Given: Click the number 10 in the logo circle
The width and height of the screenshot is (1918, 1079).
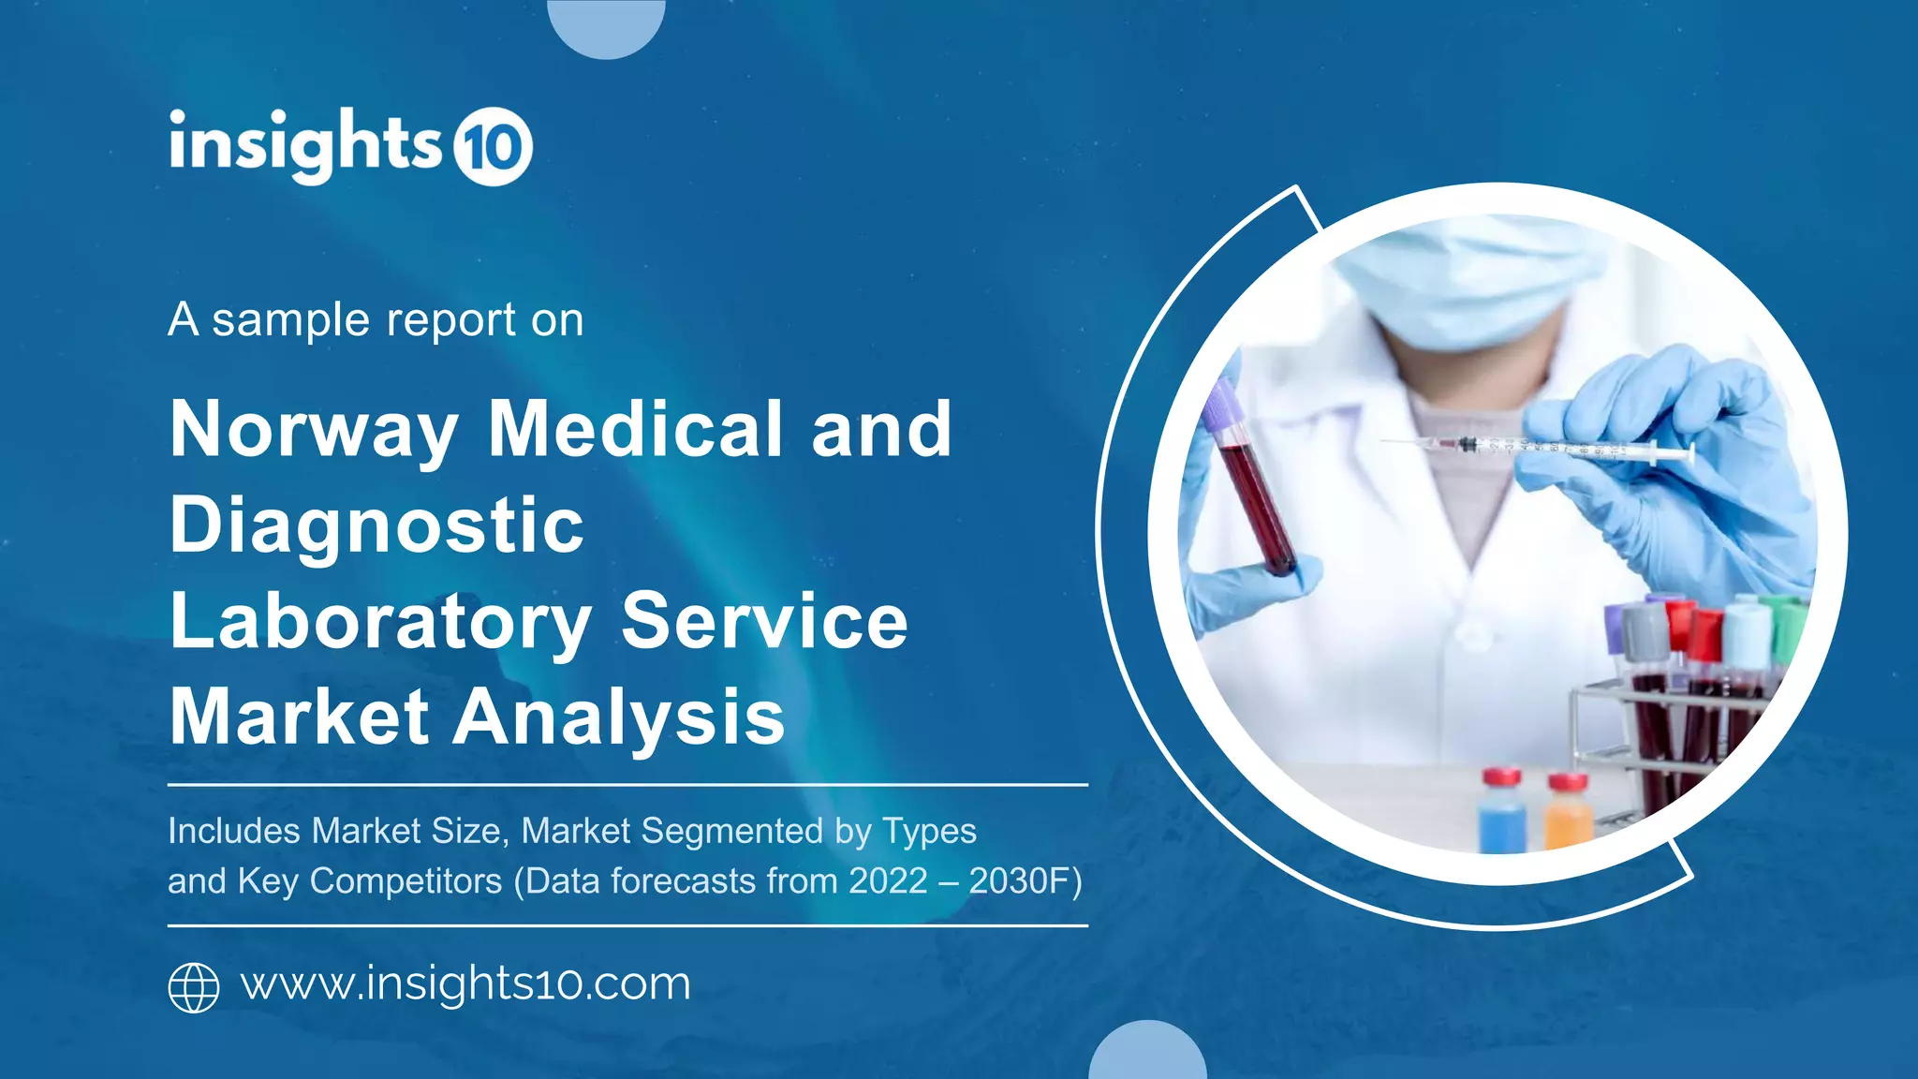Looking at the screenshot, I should pos(493,147).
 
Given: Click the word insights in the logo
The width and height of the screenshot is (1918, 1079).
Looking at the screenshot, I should pos(304,145).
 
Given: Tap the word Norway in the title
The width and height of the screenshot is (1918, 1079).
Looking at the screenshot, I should pos(314,431).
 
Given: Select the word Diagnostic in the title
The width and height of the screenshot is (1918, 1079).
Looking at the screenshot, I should pos(376,526).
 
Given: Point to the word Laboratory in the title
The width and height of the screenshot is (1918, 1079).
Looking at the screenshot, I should pos(380,623).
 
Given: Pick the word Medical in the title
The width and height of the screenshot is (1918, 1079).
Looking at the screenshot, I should pos(635,429).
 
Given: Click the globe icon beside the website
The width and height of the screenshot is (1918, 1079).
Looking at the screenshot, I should pos(194,987).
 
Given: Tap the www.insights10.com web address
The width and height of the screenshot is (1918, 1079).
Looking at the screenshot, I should pos(465,984).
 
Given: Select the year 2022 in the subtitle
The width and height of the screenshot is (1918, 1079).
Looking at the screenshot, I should pos(888,881).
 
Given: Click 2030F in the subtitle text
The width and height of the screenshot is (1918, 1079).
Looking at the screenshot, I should pos(1025,881).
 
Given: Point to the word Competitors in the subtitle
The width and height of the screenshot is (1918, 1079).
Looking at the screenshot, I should pos(406,881).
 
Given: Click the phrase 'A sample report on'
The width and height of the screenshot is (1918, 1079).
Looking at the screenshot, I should pos(376,320).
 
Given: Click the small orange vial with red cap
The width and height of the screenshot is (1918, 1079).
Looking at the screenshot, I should pos(1567,812).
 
